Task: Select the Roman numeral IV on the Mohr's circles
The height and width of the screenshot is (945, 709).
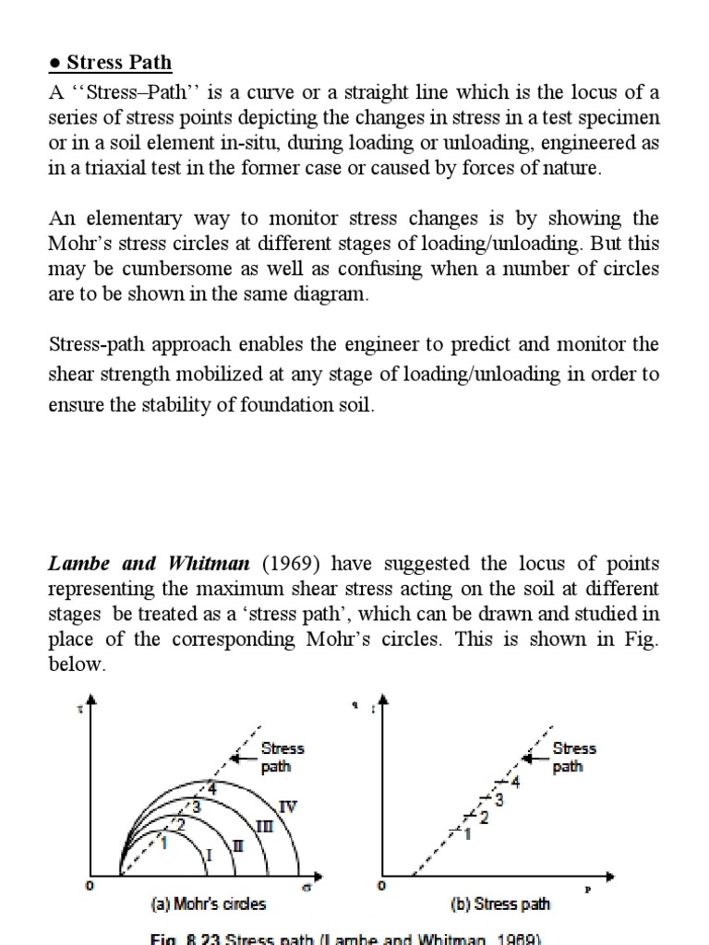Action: pyautogui.click(x=288, y=807)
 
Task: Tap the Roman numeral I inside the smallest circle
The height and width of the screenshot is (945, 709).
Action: pyautogui.click(x=209, y=855)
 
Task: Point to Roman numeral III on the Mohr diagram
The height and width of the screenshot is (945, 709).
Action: pyautogui.click(x=264, y=826)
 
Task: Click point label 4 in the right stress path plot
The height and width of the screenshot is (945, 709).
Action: pyautogui.click(x=515, y=783)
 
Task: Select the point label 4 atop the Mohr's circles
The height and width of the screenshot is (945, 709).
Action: pyautogui.click(x=211, y=788)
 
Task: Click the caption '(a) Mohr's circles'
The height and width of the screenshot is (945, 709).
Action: pyautogui.click(x=208, y=903)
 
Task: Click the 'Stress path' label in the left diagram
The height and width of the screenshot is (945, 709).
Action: pyautogui.click(x=282, y=757)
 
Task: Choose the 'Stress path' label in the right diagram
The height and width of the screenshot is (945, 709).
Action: pyautogui.click(x=574, y=757)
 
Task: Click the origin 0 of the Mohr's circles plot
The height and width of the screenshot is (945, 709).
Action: pyautogui.click(x=90, y=886)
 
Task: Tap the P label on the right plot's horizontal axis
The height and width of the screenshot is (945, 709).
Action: pyautogui.click(x=587, y=890)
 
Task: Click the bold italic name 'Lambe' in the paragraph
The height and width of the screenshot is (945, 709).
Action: pyautogui.click(x=78, y=564)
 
